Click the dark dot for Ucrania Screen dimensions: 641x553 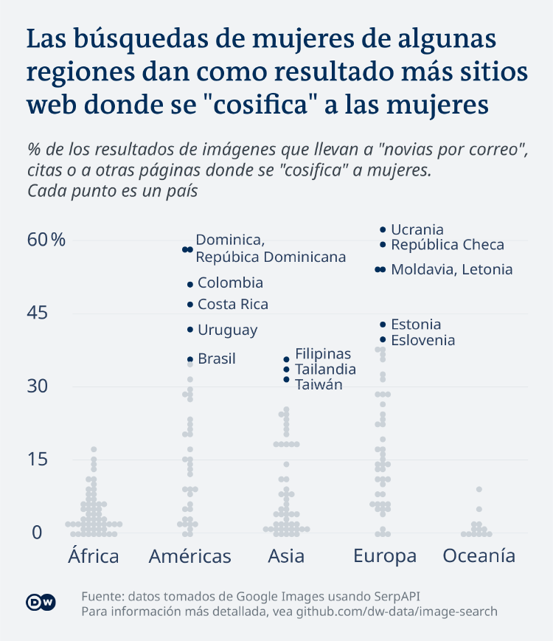(x=383, y=230)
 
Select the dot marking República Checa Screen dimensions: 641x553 (x=383, y=245)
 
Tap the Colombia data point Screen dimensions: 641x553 (x=190, y=284)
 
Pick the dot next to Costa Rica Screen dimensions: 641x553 (x=190, y=305)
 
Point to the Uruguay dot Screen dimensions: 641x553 (x=190, y=330)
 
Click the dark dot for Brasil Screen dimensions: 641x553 (x=190, y=359)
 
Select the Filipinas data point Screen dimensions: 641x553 (x=287, y=359)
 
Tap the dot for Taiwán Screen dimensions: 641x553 (x=287, y=379)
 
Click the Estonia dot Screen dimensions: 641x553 (x=383, y=325)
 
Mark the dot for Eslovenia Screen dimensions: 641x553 (x=383, y=339)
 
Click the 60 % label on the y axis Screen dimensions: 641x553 (x=47, y=240)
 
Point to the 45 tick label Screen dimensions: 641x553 (x=38, y=313)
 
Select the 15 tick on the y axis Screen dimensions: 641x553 (x=38, y=460)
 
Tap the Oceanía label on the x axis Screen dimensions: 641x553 (x=479, y=556)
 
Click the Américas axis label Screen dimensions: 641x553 (x=189, y=556)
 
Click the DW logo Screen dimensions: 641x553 (x=41, y=603)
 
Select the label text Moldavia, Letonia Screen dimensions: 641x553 (x=451, y=270)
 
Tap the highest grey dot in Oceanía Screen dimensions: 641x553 (x=479, y=490)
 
